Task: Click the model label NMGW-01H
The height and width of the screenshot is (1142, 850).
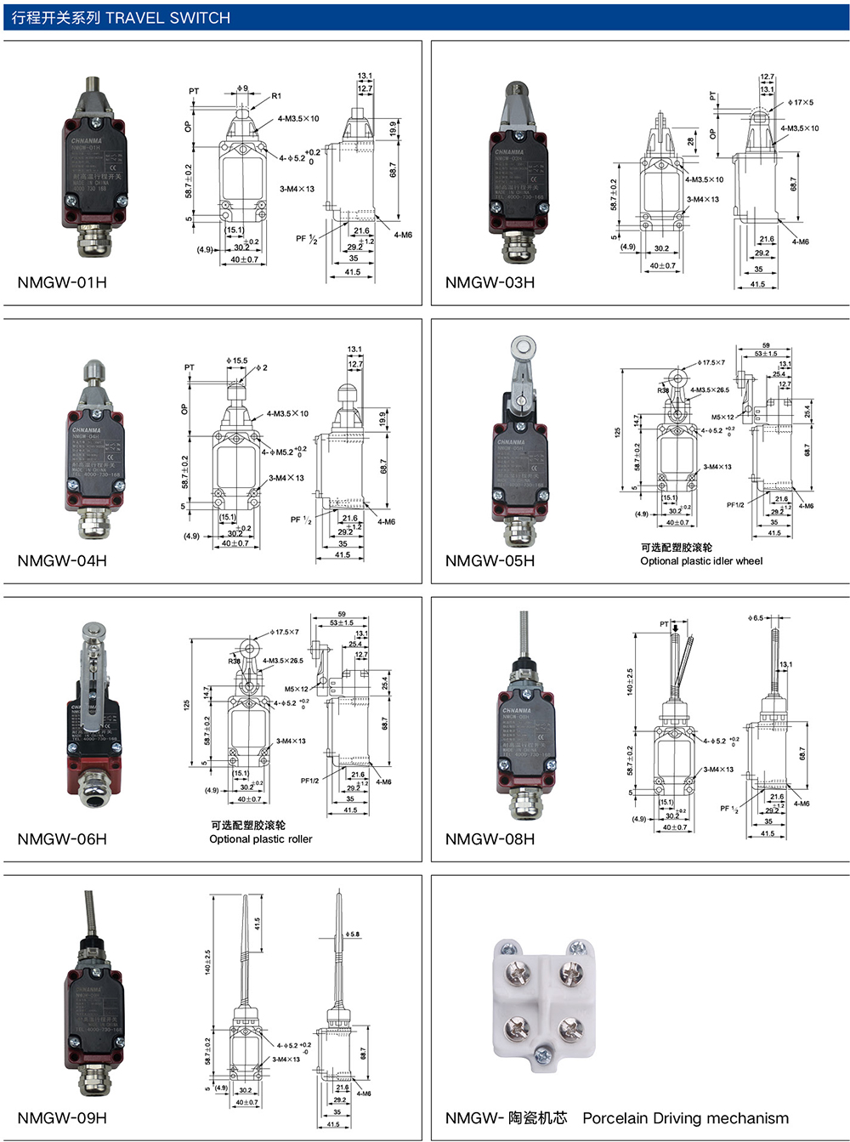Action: coord(62,282)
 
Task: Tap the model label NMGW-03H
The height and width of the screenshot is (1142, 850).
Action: coord(490,282)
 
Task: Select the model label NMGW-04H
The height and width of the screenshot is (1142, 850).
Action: coord(62,560)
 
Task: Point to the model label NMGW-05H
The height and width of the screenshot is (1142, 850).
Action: coord(490,560)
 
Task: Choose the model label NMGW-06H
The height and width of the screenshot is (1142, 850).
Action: coord(62,839)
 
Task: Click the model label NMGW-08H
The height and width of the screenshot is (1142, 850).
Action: coord(490,839)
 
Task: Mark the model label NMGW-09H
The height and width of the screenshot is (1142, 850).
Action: coord(62,1117)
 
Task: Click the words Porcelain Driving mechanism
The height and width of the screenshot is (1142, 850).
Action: coord(685,1118)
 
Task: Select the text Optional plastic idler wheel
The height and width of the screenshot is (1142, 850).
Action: coord(701,561)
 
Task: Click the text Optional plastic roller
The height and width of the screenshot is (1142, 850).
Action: coord(260,839)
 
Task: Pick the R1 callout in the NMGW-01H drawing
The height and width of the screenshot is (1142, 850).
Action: coord(276,96)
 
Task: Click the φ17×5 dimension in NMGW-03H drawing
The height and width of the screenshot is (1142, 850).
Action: coord(800,102)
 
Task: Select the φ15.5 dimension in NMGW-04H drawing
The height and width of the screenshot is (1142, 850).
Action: coord(236,361)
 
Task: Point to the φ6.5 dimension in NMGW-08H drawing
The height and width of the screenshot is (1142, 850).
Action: coord(756,618)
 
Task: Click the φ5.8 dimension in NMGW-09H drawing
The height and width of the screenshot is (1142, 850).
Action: coord(351,934)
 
